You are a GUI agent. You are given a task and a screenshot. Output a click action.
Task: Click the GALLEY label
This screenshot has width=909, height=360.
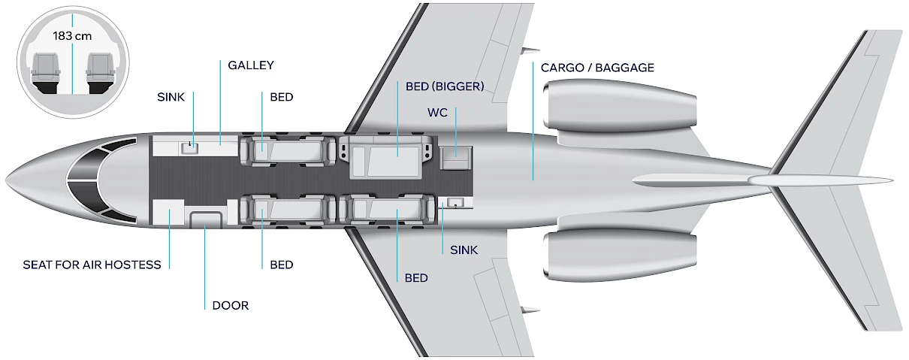251,65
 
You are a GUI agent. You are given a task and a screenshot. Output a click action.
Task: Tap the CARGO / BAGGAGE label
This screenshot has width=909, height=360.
597,68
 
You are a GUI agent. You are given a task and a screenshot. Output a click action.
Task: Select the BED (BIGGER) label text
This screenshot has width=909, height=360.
444,86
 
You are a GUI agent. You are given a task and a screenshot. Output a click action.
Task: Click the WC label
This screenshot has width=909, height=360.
436,112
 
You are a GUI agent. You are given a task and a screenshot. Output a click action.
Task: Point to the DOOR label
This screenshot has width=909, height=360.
230,305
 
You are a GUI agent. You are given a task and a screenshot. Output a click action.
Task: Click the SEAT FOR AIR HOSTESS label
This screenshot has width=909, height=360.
92,265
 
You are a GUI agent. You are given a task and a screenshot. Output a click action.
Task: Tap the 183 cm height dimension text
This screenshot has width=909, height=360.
72,35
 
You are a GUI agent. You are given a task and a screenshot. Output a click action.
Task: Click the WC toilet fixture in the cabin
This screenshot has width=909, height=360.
454,157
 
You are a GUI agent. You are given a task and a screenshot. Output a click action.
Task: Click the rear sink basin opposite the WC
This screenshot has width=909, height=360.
455,203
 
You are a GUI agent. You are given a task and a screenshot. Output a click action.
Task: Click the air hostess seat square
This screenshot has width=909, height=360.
168,213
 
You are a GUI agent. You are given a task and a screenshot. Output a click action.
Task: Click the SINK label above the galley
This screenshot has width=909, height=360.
171,97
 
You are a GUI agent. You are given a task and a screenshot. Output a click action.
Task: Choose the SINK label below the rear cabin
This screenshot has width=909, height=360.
464,250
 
